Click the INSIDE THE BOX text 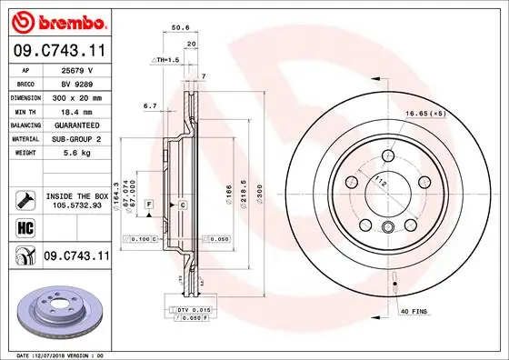pyautogui.click(x=77, y=195)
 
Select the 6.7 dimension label pyautogui.click(x=150, y=105)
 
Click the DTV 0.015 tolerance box pyautogui.click(x=187, y=310)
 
